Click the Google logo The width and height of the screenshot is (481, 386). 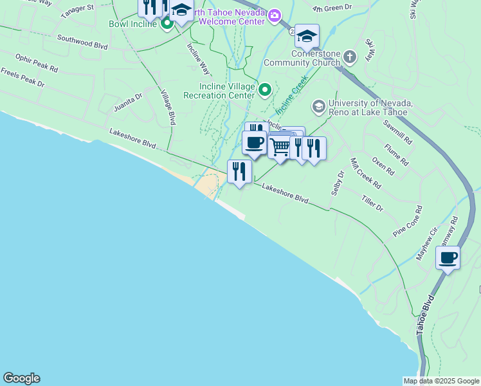pyautogui.click(x=21, y=378)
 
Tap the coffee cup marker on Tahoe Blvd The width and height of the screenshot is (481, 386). pyautogui.click(x=448, y=258)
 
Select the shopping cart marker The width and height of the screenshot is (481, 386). pyautogui.click(x=280, y=147)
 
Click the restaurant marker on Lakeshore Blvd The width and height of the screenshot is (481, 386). pyautogui.click(x=239, y=171)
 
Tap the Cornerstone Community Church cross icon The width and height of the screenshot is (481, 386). pyautogui.click(x=349, y=57)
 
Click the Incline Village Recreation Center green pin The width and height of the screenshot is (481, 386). pyautogui.click(x=264, y=89)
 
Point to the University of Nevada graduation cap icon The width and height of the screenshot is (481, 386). pyautogui.click(x=318, y=106)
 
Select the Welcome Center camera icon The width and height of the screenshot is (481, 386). pyautogui.click(x=275, y=15)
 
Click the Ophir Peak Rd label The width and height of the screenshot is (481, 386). pyautogui.click(x=37, y=62)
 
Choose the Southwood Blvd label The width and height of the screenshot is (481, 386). pyautogui.click(x=82, y=42)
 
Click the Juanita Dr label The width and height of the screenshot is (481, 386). pyautogui.click(x=128, y=102)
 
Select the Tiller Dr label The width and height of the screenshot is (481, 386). pyautogui.click(x=372, y=204)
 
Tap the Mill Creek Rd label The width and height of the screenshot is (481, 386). pyautogui.click(x=365, y=173)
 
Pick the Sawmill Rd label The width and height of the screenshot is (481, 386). pyautogui.click(x=397, y=131)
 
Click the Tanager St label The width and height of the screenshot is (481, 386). pyautogui.click(x=77, y=11)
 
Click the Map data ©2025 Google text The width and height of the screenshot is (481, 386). pyautogui.click(x=441, y=380)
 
